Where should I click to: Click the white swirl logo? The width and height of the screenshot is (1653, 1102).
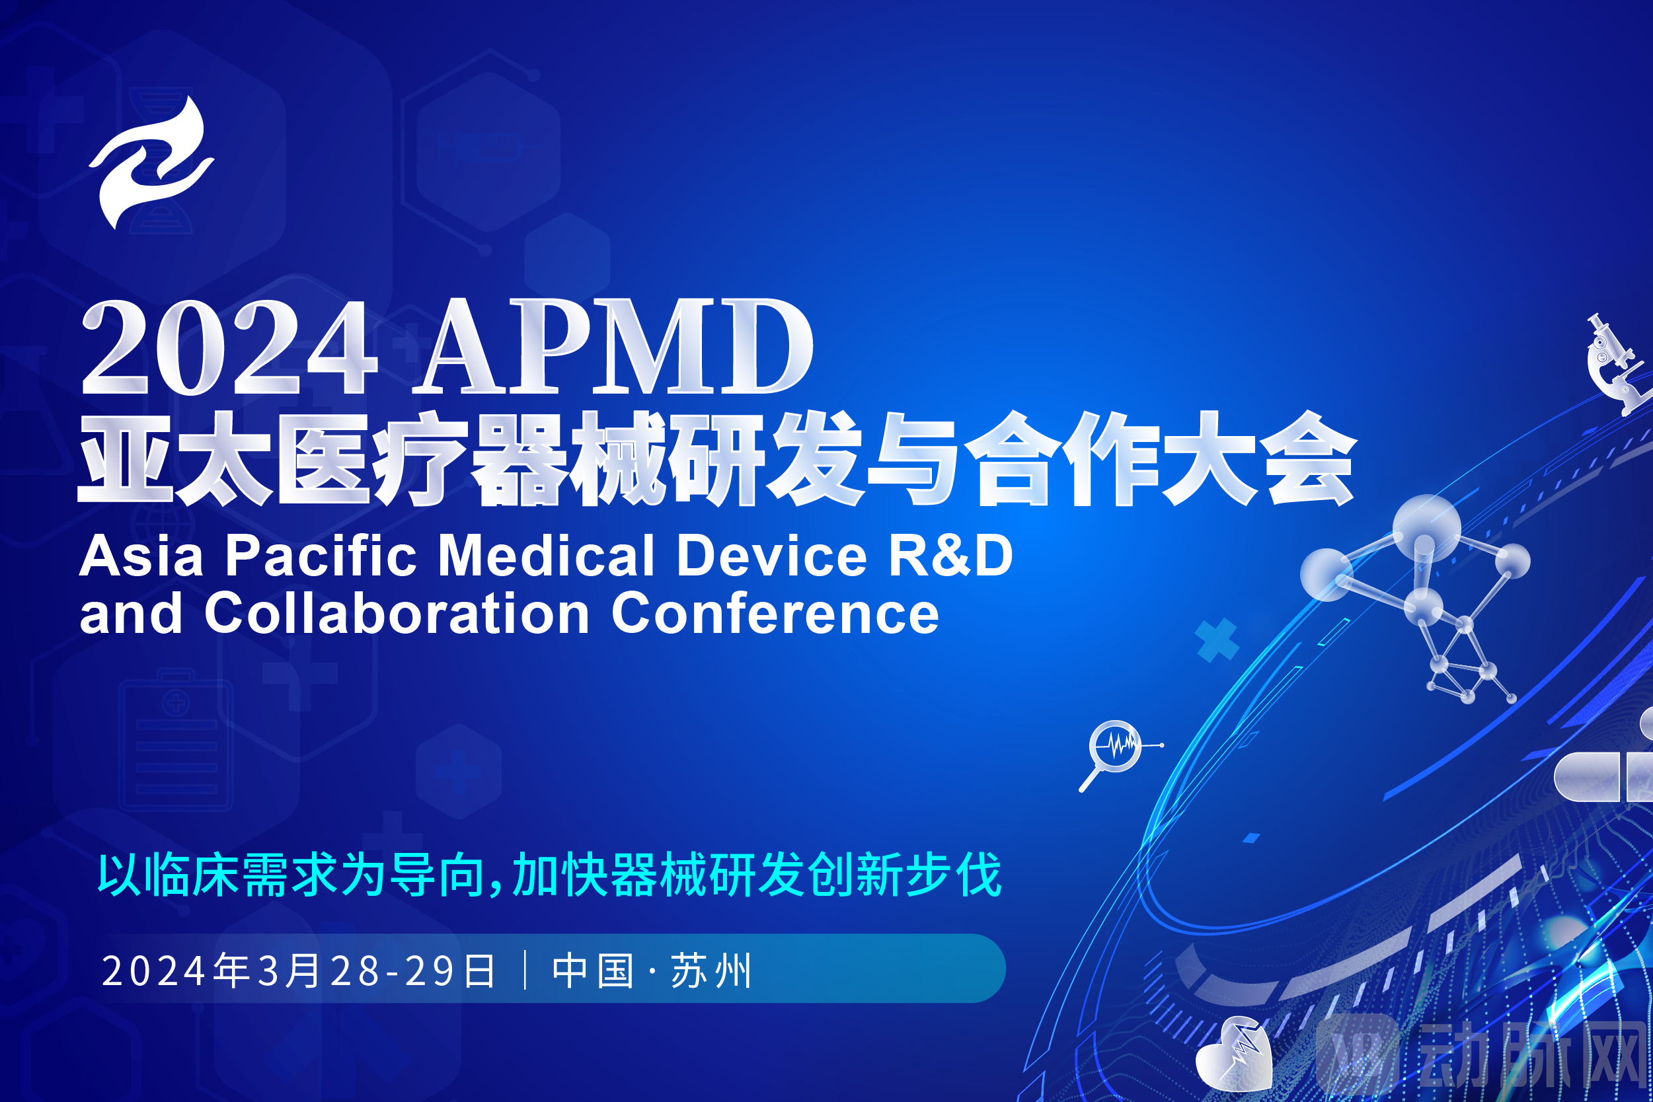pyautogui.click(x=151, y=163)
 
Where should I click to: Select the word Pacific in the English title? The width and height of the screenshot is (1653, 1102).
pyautogui.click(x=321, y=556)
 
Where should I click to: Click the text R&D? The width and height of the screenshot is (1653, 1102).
pyautogui.click(x=950, y=556)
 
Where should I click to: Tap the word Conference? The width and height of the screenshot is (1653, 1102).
pyautogui.click(x=775, y=614)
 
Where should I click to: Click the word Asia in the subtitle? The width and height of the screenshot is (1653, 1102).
pyautogui.click(x=141, y=556)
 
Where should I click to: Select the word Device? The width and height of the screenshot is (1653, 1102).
pyautogui.click(x=771, y=556)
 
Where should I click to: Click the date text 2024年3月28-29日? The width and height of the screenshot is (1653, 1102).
pyautogui.click(x=299, y=971)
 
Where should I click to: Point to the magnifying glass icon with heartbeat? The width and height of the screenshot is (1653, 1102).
pyautogui.click(x=1114, y=747)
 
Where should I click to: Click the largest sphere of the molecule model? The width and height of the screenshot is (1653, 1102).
pyautogui.click(x=1426, y=527)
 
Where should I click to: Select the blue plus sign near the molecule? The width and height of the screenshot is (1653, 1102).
pyautogui.click(x=1216, y=640)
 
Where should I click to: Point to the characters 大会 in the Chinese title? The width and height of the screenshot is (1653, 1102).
pyautogui.click(x=1258, y=459)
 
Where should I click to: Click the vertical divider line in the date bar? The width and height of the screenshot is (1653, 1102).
pyautogui.click(x=525, y=970)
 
